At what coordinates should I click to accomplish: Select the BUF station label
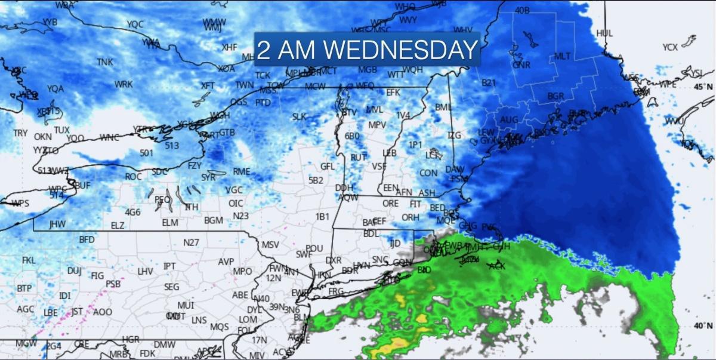(x=82, y=186)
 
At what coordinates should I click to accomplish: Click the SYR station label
(x=208, y=177)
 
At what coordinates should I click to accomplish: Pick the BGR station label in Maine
(x=555, y=96)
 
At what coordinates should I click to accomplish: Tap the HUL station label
(x=604, y=33)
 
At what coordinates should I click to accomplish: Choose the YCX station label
(x=670, y=47)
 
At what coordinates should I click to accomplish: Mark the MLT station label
(x=563, y=56)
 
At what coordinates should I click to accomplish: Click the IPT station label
(x=169, y=266)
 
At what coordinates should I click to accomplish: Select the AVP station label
(x=226, y=261)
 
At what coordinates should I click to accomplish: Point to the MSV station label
(x=270, y=245)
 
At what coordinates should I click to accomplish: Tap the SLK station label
(x=299, y=117)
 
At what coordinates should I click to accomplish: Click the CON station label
(x=428, y=173)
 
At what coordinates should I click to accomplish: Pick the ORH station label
(x=410, y=218)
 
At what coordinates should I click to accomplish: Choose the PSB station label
(x=113, y=284)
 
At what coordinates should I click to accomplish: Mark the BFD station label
(x=87, y=239)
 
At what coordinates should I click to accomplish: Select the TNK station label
(x=105, y=61)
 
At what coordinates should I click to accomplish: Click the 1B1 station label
(x=322, y=216)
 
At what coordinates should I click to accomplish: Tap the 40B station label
(x=522, y=10)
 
